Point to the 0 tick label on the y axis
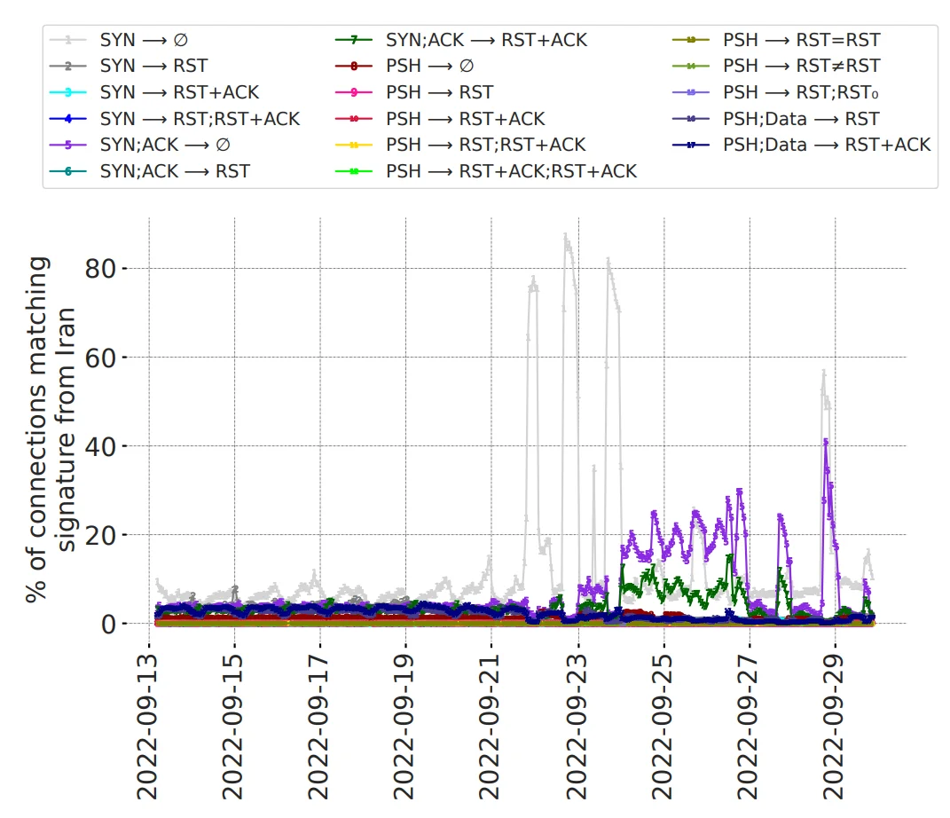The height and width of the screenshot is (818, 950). click(108, 624)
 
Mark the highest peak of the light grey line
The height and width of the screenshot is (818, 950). click(565, 236)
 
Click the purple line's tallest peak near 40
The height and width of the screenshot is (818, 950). click(826, 440)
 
